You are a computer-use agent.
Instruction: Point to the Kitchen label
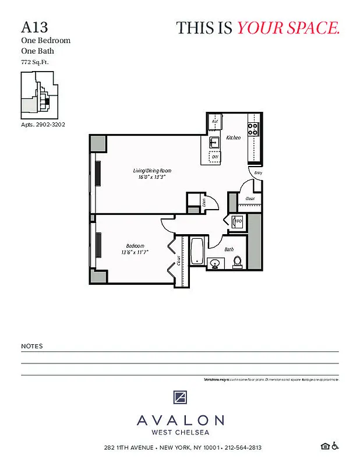(x=234, y=137)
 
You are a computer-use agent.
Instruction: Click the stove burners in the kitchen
(x=253, y=129)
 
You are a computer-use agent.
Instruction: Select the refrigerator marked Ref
(x=215, y=122)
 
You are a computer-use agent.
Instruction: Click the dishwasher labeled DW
(x=214, y=157)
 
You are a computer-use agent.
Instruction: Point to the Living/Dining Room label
(x=152, y=171)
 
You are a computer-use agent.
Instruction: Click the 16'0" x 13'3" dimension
(x=152, y=177)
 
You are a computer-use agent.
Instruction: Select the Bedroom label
(x=135, y=246)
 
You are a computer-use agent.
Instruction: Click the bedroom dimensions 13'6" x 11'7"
(x=135, y=252)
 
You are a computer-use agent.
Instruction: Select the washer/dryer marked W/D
(x=237, y=221)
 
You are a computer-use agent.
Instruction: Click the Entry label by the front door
(x=257, y=172)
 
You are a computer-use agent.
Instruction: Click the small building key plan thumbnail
(x=39, y=94)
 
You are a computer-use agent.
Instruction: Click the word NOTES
(x=32, y=346)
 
